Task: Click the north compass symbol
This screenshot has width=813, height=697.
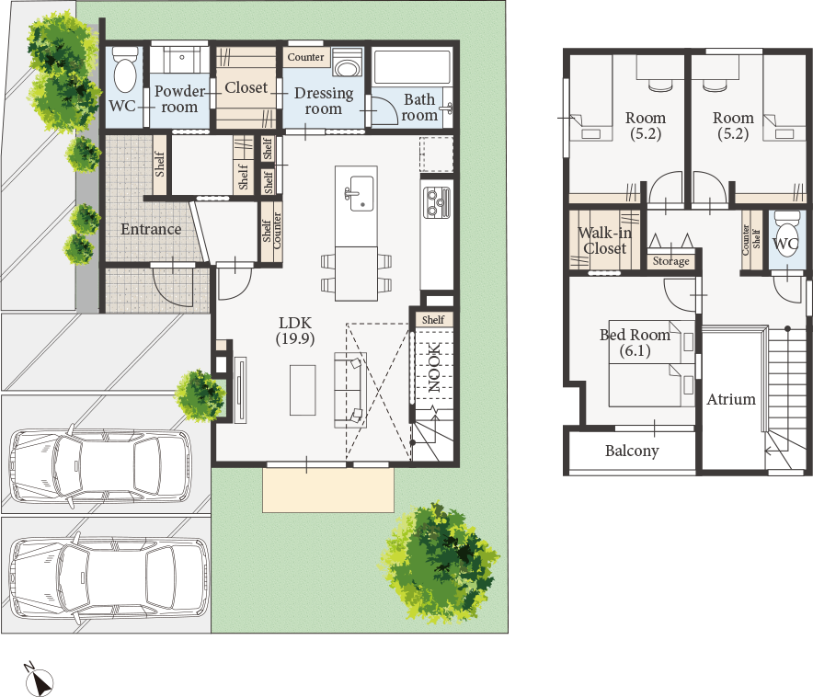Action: coord(39,680)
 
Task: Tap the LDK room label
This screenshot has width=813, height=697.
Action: coord(295,330)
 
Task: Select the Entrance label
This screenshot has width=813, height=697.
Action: coord(151,229)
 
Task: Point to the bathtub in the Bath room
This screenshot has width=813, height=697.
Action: coord(412,66)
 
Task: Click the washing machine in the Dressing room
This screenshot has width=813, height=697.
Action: coord(347,64)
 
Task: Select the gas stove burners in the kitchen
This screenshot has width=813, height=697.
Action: coord(437,202)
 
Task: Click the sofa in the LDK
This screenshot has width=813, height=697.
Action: coord(350,390)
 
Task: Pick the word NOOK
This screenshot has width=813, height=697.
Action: coord(434,367)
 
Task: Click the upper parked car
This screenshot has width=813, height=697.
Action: coord(100,466)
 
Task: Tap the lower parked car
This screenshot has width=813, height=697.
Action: coord(109,577)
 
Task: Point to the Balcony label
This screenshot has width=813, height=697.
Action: coord(632,451)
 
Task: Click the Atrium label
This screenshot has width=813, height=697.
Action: coord(731,399)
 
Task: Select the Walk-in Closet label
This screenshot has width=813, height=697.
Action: coord(604,240)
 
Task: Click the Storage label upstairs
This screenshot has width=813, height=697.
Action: coord(671,260)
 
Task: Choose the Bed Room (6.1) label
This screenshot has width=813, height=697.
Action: coord(636,343)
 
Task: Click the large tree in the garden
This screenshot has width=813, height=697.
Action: coord(441,562)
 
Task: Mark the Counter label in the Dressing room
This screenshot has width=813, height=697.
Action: coord(306,57)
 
